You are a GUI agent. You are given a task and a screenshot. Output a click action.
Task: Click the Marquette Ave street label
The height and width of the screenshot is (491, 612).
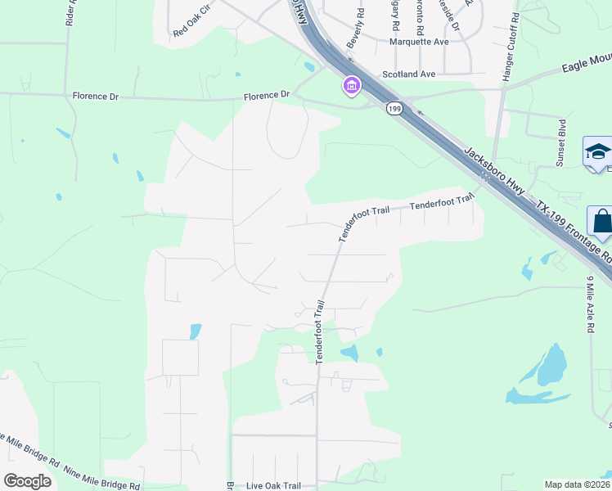coord(419,42)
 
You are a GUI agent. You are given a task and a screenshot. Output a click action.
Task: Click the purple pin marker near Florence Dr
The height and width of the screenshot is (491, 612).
coord(352,85)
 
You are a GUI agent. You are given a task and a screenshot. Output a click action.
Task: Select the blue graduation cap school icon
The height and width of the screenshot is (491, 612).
coord(598,152)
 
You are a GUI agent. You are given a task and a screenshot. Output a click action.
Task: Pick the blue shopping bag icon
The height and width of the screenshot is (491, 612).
coord(601,222)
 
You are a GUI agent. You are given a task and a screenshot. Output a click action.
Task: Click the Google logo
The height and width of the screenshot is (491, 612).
coord(27,480)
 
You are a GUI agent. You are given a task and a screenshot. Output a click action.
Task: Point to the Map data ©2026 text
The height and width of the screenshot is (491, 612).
coord(577,484)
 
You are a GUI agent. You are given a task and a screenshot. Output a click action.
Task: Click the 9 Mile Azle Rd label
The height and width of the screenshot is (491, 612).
coord(589,304)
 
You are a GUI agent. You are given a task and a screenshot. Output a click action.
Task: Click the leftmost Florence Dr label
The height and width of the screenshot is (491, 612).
coord(95,97)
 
